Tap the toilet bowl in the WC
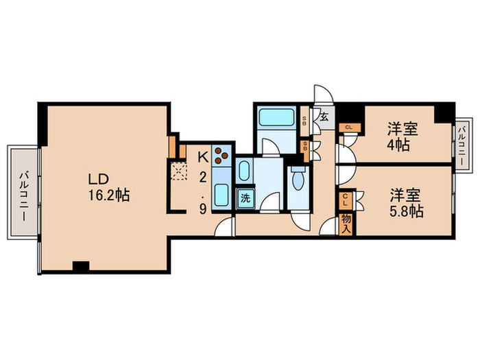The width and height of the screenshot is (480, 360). tap(298, 180)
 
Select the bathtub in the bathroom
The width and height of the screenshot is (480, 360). tap(275, 118)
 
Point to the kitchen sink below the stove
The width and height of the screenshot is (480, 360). tap(221, 194)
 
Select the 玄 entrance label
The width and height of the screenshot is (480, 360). tap(324, 117)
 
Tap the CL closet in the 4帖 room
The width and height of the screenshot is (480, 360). tap(349, 127)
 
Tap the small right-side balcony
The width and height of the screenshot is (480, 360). tap(462, 144)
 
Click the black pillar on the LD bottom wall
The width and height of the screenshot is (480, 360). tap(81, 267)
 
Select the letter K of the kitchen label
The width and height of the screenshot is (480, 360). tap(203, 156)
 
